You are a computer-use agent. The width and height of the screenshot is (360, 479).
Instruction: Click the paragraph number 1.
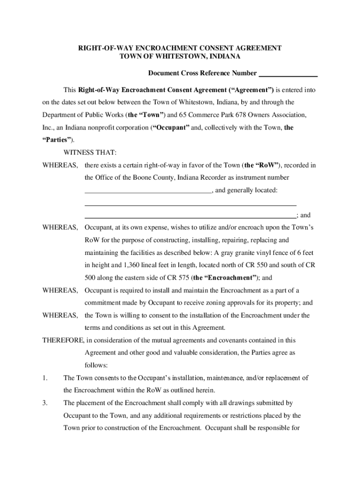click(45, 377)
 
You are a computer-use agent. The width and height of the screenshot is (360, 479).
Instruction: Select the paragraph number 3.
click(45, 403)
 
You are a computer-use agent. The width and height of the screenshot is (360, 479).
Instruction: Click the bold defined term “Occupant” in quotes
click(171, 128)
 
